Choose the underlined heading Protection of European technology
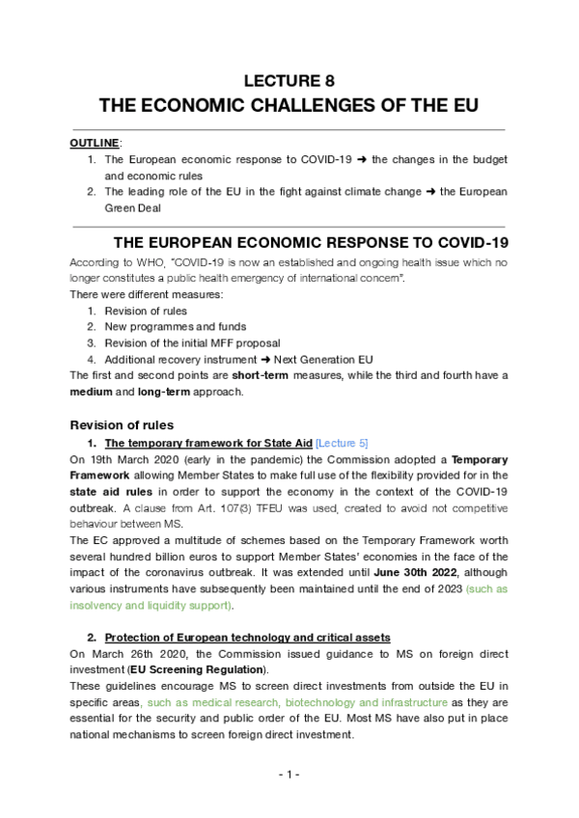coord(247,637)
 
